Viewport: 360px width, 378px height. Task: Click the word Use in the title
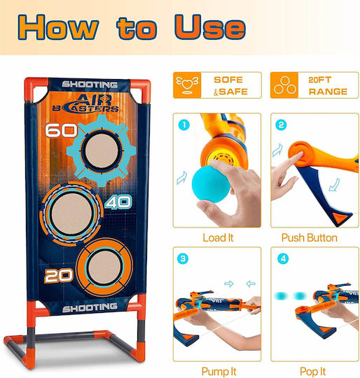[210, 27]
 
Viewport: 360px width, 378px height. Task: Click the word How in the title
[58, 27]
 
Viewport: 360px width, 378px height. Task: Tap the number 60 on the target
[61, 130]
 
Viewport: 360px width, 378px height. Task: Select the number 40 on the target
[118, 202]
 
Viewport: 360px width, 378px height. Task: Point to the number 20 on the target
[59, 276]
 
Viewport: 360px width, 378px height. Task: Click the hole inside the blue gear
[102, 150]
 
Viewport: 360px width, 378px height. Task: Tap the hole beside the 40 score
[71, 214]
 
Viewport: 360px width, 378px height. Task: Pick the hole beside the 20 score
[105, 268]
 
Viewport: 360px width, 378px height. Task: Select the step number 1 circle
[184, 125]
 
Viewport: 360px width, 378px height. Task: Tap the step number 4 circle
[283, 259]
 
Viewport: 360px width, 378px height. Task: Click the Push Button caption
[310, 238]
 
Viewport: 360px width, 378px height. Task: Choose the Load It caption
[218, 238]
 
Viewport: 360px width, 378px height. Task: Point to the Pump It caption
[219, 371]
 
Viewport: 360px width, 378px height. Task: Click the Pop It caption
[312, 371]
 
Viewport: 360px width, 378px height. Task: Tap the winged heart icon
[187, 85]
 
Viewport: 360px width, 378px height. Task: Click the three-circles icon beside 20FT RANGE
[284, 85]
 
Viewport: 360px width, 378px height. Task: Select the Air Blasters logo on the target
[86, 104]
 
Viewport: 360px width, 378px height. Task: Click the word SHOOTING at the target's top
[90, 85]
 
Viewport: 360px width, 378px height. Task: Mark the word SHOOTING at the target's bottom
[90, 307]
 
